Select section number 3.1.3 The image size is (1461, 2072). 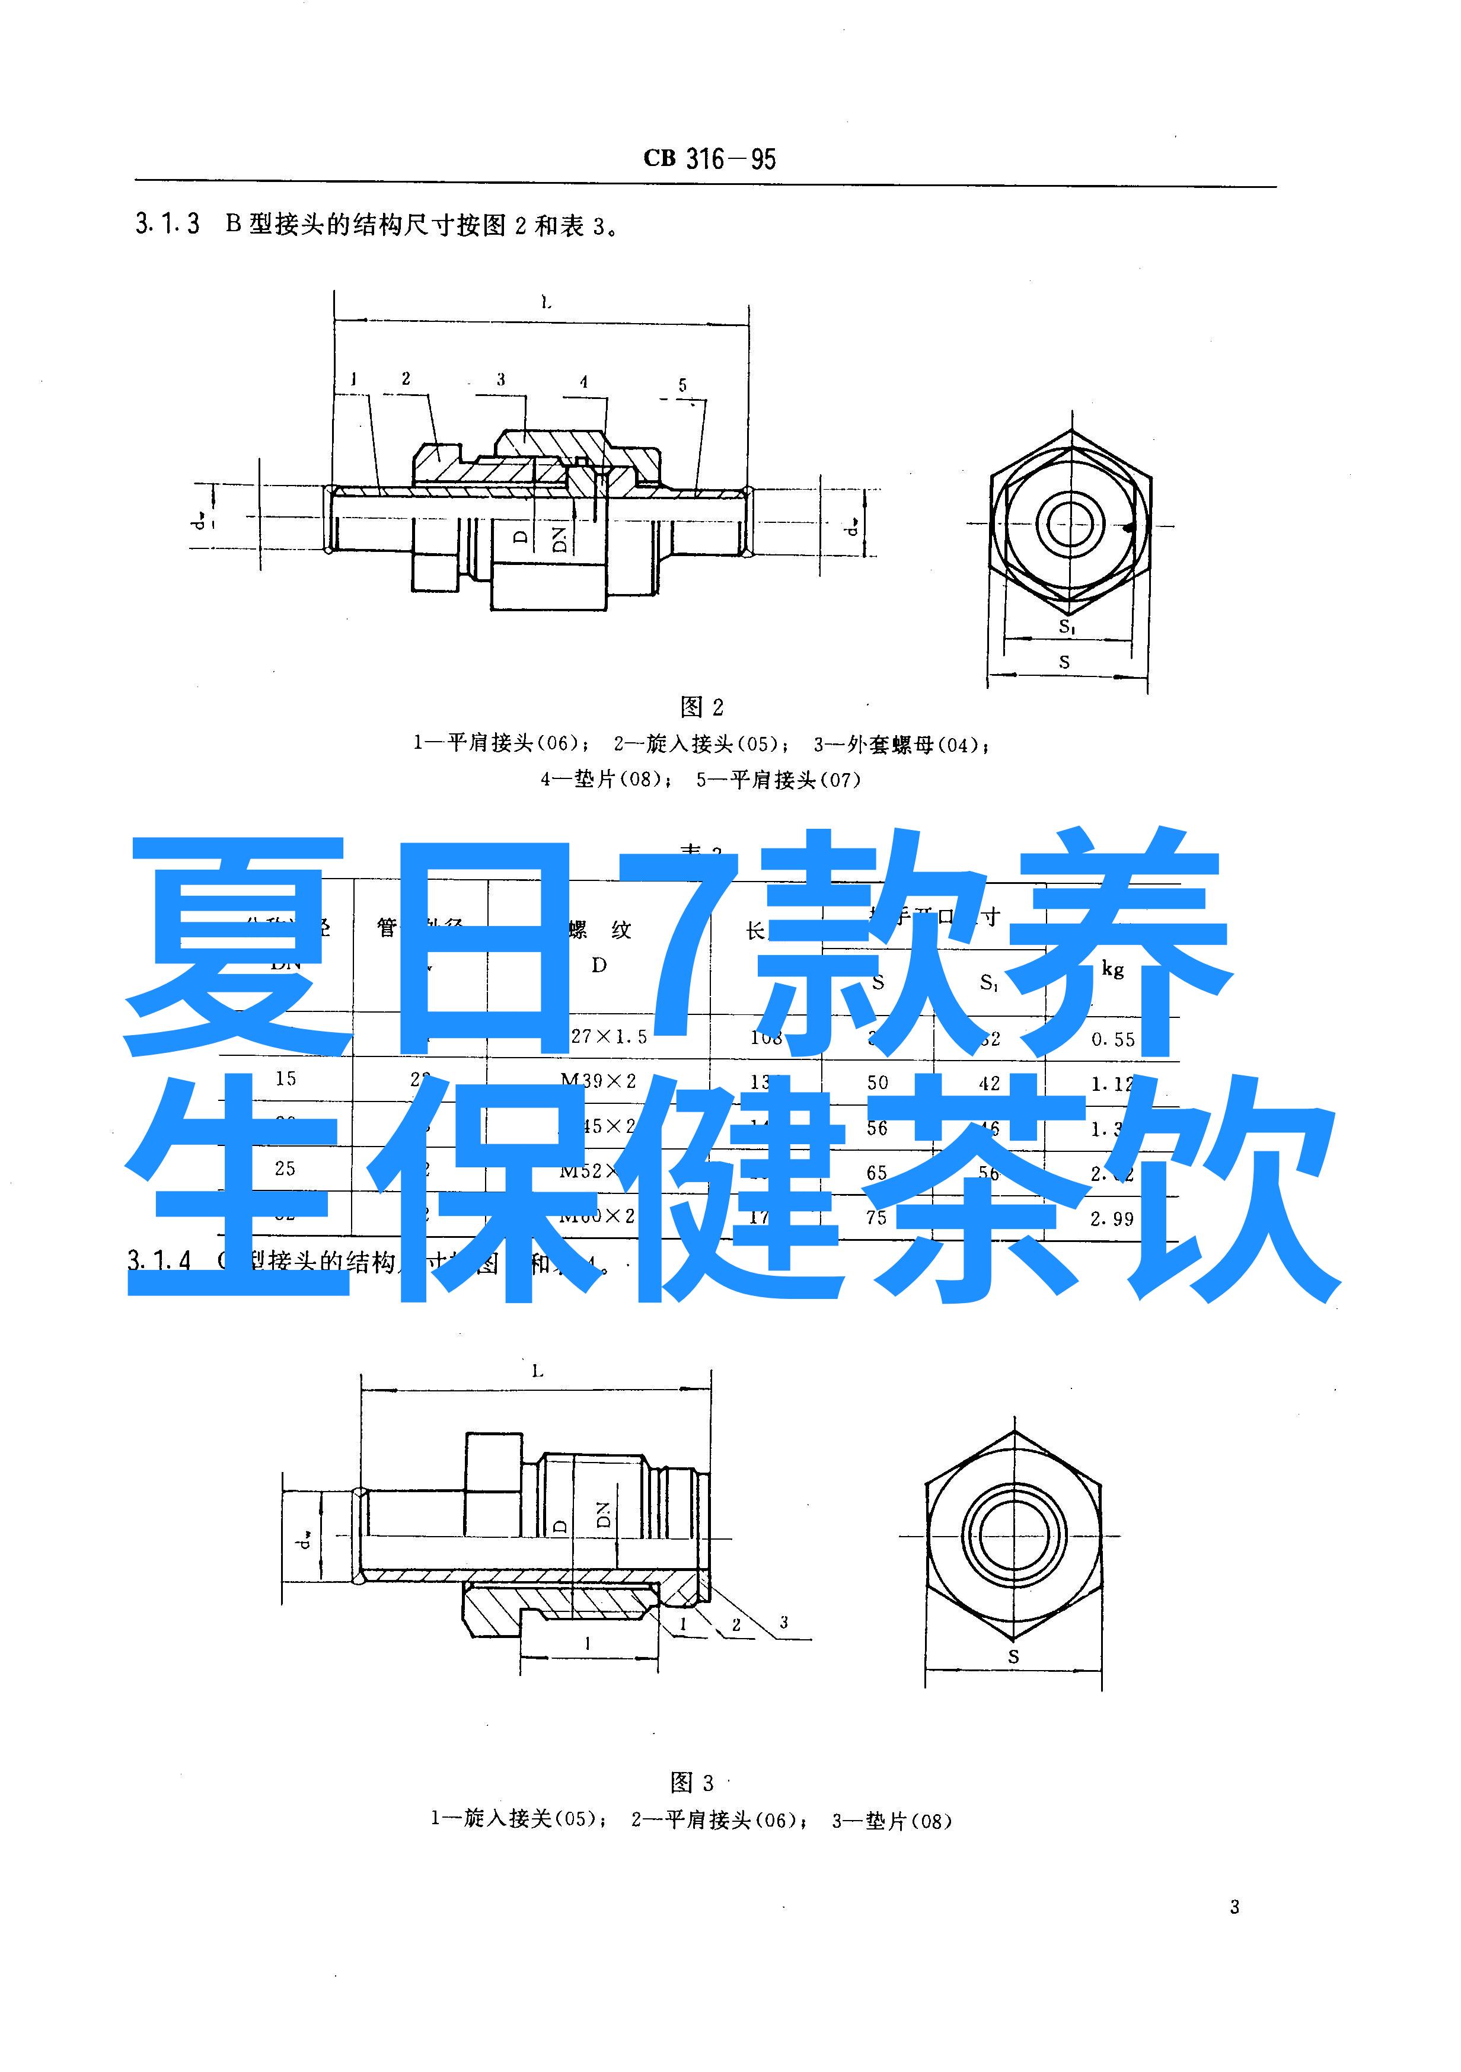[167, 224]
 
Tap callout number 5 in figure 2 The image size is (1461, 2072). [682, 385]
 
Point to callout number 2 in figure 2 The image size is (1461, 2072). [406, 378]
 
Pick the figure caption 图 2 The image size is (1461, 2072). [701, 707]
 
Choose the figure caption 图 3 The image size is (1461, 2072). [692, 1782]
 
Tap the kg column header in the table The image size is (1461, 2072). [1113, 969]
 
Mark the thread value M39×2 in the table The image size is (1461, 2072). [598, 1080]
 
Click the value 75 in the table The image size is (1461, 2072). [876, 1217]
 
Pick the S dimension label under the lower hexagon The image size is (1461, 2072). [1013, 1657]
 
